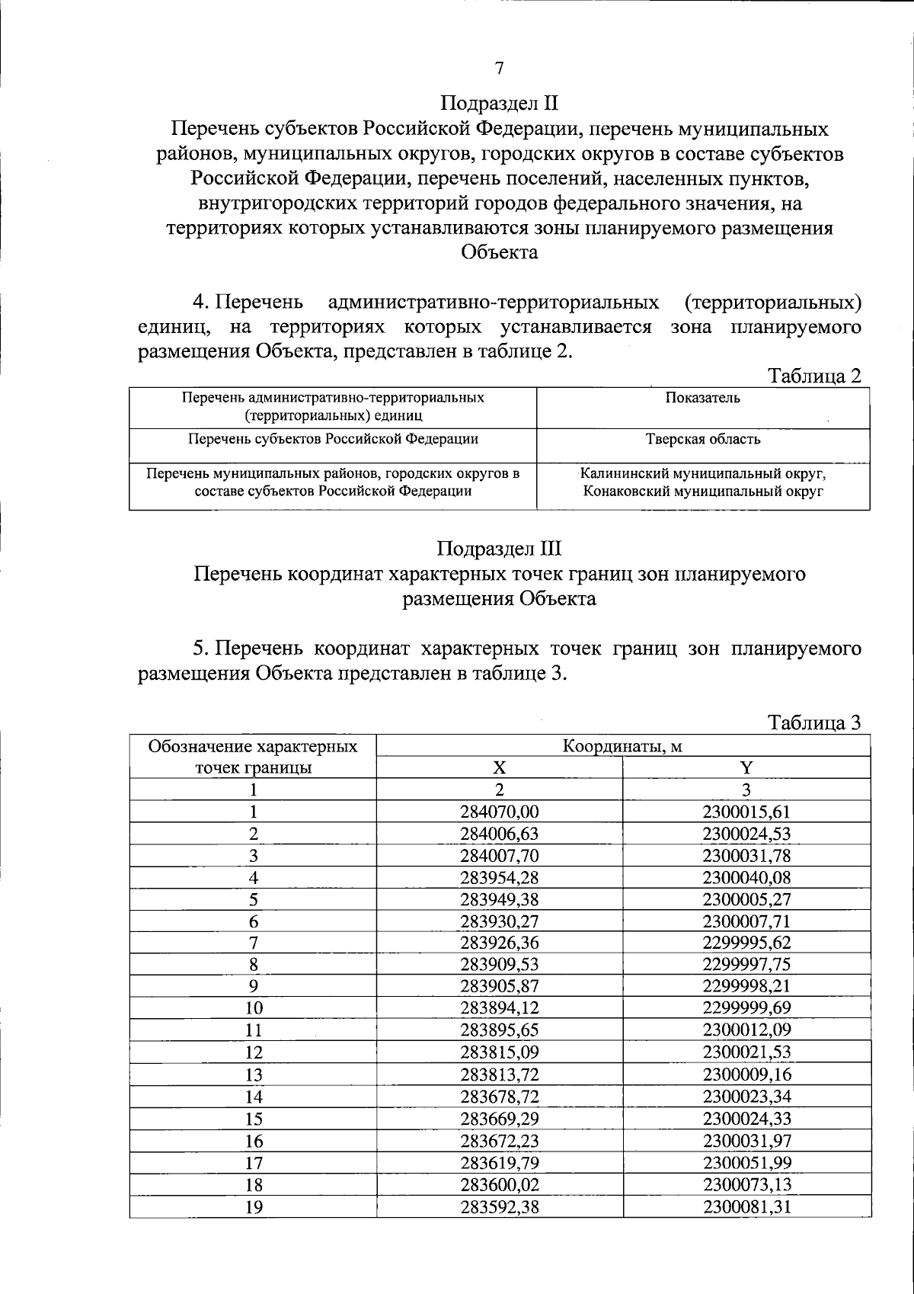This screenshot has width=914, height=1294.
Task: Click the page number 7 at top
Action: point(500,69)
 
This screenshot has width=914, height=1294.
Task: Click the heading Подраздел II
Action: point(500,103)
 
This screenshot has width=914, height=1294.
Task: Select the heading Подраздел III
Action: point(500,549)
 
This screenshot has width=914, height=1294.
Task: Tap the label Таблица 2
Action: point(814,376)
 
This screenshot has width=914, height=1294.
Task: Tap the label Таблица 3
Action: point(814,722)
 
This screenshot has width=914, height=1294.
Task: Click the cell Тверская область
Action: point(702,439)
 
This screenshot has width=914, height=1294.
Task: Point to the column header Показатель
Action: point(702,398)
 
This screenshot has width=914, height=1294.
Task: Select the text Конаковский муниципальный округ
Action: point(702,492)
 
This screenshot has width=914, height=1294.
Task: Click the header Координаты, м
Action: point(622,746)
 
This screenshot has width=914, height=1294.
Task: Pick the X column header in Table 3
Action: point(500,767)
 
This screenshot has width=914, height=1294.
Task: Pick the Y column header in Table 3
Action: point(746,767)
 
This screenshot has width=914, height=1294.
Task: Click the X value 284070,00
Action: point(500,812)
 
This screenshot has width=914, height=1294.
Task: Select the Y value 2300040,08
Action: point(746,877)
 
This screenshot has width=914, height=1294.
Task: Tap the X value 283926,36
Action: point(500,943)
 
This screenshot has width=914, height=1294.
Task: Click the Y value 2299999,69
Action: point(746,1008)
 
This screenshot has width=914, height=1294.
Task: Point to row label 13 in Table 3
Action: point(254,1075)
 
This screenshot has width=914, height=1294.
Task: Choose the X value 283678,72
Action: point(500,1097)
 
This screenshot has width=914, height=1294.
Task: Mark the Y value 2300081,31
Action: point(746,1206)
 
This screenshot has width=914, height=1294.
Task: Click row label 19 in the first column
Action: point(254,1206)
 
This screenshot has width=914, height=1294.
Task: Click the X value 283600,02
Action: point(500,1184)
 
